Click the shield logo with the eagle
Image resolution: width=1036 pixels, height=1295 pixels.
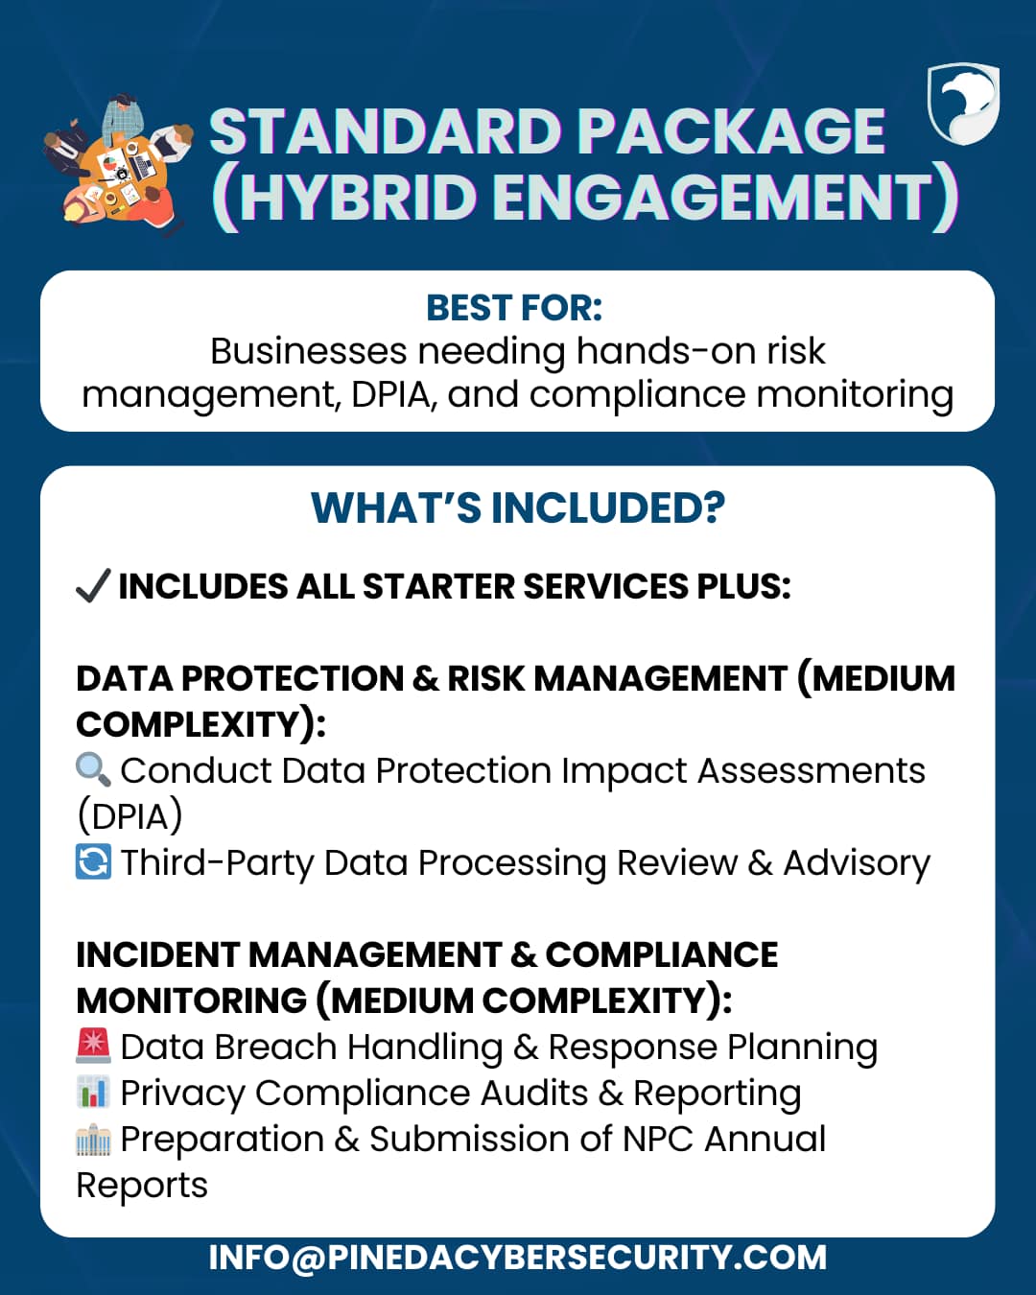click(963, 105)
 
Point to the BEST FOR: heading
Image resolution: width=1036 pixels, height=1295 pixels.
click(515, 308)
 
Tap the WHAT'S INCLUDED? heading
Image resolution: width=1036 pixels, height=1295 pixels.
click(518, 507)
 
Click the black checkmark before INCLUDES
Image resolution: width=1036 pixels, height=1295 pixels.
click(93, 585)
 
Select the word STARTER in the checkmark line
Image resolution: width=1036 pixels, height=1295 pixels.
click(438, 586)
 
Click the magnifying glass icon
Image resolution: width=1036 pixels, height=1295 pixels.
click(93, 771)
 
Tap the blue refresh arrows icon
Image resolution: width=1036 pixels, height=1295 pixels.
click(93, 861)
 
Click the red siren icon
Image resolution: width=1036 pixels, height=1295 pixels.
click(93, 1046)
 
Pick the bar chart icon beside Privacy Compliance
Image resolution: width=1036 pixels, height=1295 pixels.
click(93, 1093)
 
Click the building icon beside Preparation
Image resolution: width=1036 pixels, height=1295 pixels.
click(93, 1140)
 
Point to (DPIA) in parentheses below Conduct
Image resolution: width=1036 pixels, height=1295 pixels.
click(130, 816)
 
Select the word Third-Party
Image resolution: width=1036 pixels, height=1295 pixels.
click(218, 863)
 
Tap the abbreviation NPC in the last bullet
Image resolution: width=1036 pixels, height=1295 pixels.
click(657, 1140)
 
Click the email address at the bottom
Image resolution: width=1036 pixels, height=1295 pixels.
click(518, 1258)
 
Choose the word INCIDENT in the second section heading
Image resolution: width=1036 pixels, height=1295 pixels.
click(156, 955)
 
